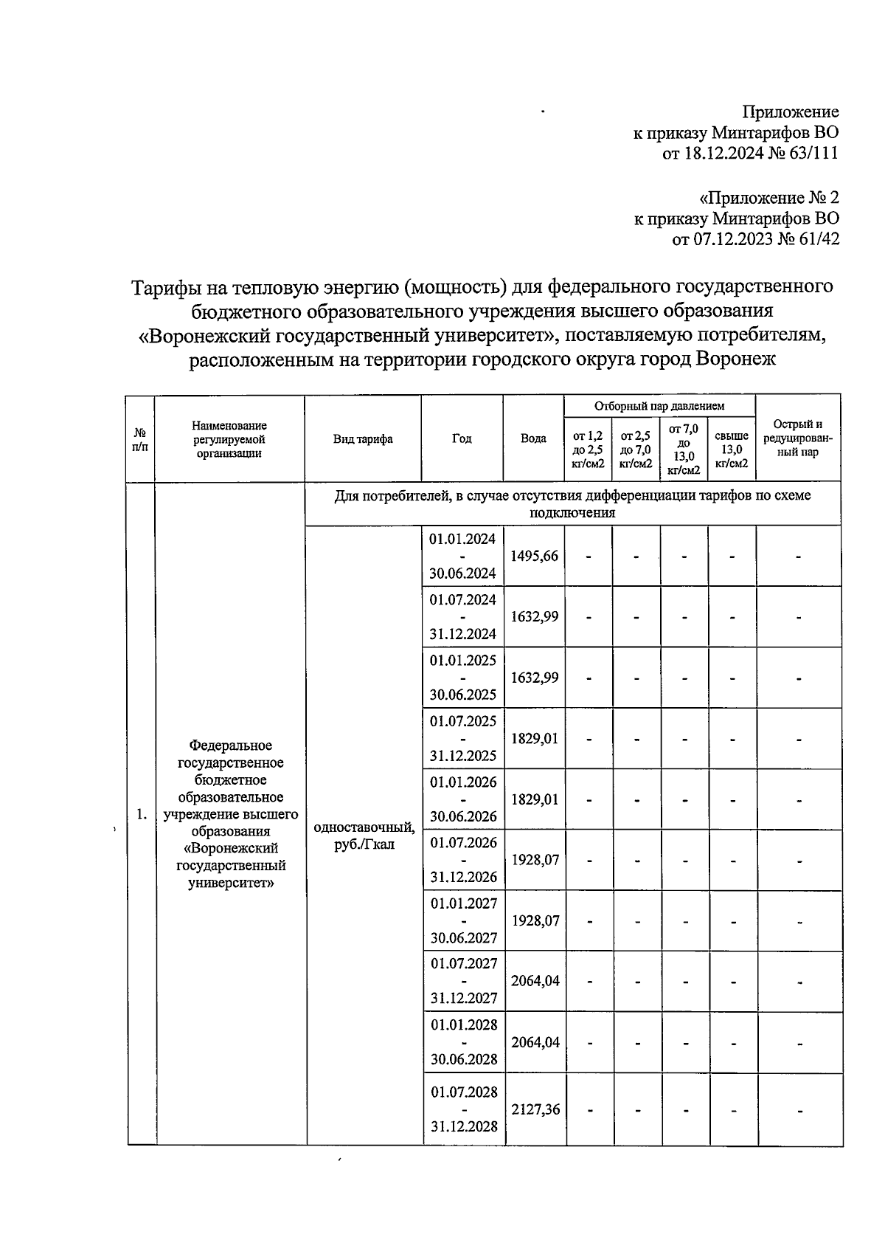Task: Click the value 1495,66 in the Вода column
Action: click(535, 557)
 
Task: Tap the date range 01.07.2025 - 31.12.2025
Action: click(463, 738)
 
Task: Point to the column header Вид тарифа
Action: click(363, 439)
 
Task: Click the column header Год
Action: click(462, 438)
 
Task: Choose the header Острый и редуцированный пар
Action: click(798, 438)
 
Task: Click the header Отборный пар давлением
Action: click(659, 406)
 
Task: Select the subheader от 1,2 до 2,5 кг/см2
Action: click(588, 450)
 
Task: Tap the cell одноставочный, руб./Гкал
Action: click(364, 836)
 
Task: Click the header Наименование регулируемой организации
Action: click(229, 439)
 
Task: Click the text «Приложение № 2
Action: click(768, 198)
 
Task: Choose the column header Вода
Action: click(533, 438)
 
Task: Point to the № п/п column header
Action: click(140, 439)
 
